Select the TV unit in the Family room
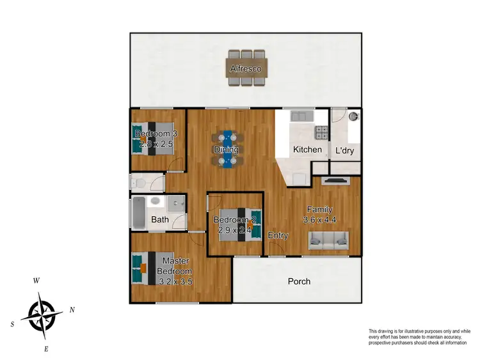335,181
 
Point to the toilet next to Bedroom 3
138,184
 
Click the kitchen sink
300,116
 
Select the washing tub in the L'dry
352,117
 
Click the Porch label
299,281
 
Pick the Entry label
278,235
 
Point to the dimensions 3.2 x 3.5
175,280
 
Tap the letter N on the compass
72,309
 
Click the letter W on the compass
37,281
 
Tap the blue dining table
227,150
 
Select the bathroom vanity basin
156,201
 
